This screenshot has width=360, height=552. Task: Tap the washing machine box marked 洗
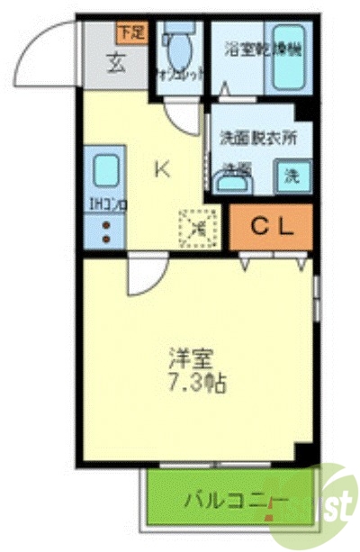click(x=292, y=173)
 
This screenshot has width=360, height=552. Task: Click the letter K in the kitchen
click(x=162, y=167)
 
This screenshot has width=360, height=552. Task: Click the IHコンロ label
click(x=107, y=205)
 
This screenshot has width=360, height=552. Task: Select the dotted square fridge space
click(x=199, y=227)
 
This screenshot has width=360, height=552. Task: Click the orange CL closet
click(x=270, y=227)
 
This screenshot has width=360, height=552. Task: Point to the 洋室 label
click(x=192, y=356)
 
